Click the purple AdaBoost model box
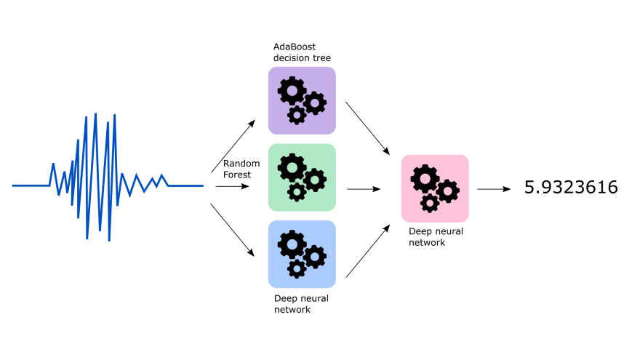coord(302,100)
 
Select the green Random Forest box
coord(302,177)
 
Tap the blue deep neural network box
coord(302,255)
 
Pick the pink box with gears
coord(435,188)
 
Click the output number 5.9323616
coord(571,188)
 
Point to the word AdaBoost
coord(295,47)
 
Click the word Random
coord(241,163)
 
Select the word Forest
coord(237,175)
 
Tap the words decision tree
coord(302,58)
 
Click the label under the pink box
coord(436,237)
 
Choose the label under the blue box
coord(301,304)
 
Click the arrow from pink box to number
coord(494,189)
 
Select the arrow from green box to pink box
coord(364,189)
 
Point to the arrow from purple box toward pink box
coord(368,129)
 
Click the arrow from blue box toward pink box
coord(368,251)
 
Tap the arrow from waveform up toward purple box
coord(233,146)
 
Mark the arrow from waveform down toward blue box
coord(233,231)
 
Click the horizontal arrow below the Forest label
coord(233,186)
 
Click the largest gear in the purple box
coord(292,90)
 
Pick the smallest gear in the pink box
coord(430,203)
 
